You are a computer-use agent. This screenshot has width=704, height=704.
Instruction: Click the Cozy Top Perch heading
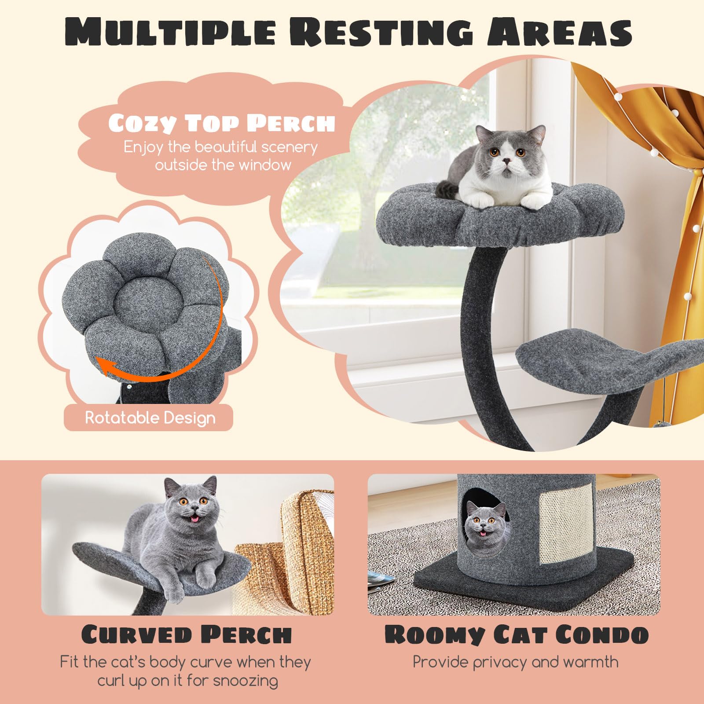coord(222,123)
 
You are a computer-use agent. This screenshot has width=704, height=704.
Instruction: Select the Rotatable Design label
coord(150,418)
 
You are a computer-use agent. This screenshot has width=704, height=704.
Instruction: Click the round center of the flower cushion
coord(140,300)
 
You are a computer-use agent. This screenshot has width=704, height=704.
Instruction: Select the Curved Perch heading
coord(187,634)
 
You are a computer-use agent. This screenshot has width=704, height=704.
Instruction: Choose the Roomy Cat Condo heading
coord(517,634)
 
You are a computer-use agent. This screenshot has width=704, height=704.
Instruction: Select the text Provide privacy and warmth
coord(515,662)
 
